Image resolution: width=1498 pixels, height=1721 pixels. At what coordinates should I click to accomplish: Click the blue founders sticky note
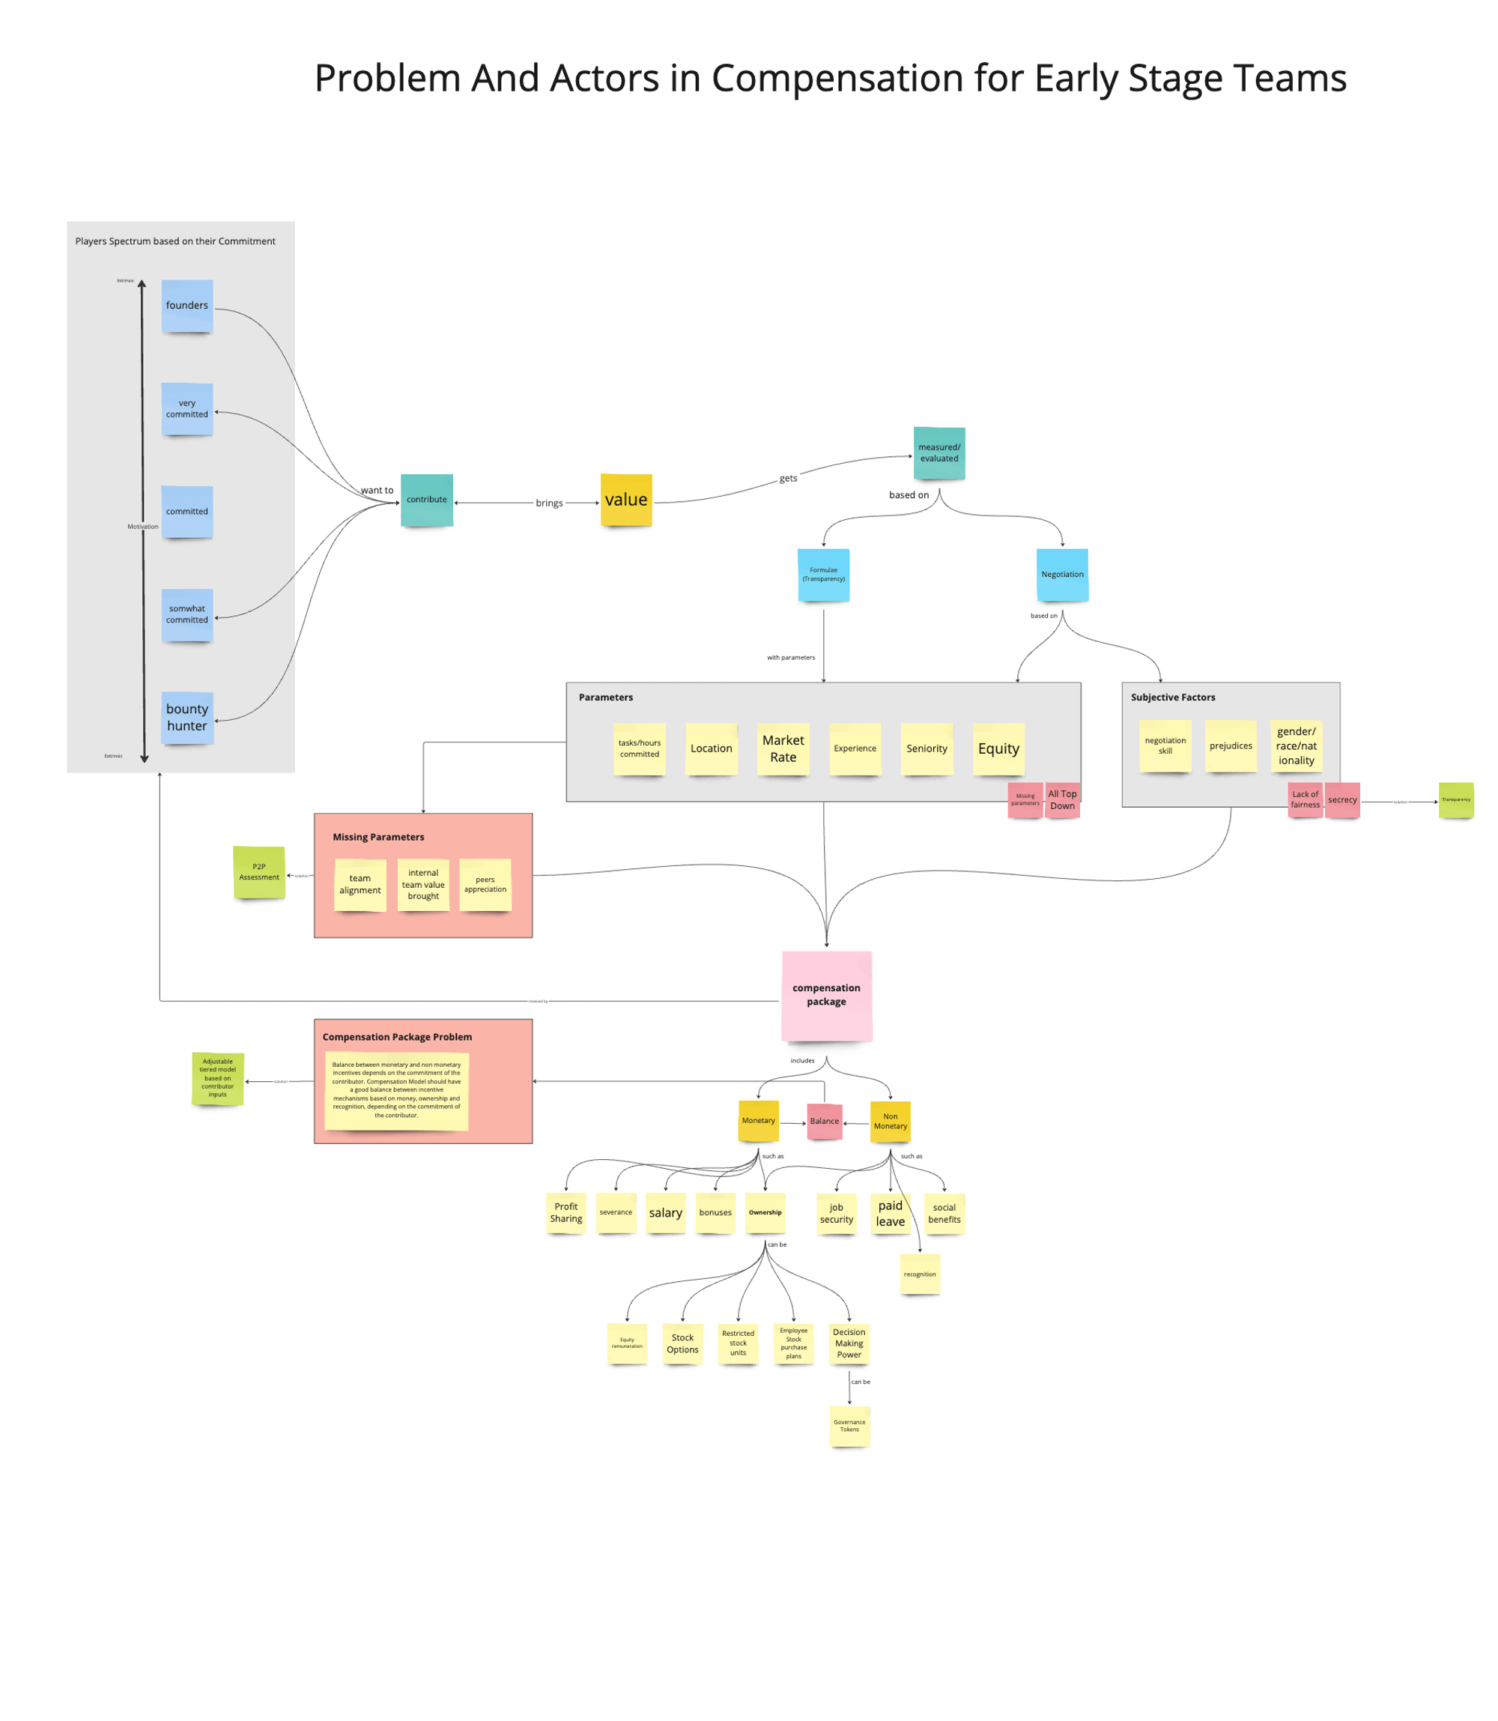187,305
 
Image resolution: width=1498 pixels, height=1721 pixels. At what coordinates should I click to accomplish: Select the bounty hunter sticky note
187,717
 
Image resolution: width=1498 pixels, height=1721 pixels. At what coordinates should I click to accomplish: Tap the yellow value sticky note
626,499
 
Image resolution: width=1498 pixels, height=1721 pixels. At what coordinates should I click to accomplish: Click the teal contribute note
426,499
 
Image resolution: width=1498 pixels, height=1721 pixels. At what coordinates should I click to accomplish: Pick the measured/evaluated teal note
938,453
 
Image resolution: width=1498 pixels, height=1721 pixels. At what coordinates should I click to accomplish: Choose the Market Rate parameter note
783,748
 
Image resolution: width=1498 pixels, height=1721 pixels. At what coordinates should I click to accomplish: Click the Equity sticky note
998,748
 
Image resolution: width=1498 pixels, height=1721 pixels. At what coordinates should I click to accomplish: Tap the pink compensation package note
826,994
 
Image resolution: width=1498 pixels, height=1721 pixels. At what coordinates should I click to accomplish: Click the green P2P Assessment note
259,871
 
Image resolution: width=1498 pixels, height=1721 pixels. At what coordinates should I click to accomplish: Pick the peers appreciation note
485,884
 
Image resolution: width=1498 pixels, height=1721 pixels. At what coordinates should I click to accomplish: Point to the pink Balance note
823,1121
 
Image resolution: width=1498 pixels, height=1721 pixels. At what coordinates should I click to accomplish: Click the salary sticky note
665,1212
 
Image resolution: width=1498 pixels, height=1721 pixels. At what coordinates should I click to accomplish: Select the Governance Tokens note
849,1425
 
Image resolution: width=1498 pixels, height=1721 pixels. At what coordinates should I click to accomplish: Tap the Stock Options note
682,1343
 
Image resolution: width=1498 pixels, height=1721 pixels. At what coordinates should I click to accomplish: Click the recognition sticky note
920,1274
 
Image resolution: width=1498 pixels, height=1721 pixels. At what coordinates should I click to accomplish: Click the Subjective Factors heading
1173,697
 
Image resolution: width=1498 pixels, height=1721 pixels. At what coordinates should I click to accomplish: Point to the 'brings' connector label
549,503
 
